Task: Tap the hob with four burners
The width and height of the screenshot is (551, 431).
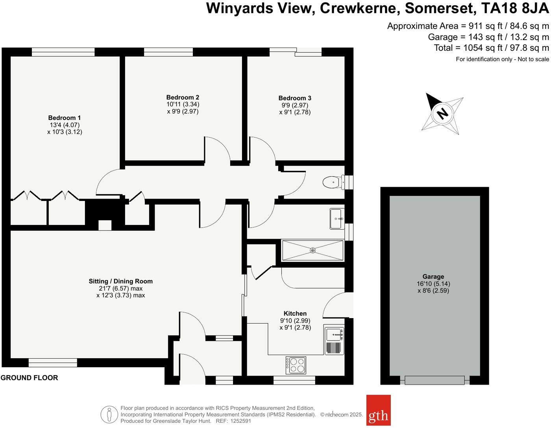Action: (x=296, y=365)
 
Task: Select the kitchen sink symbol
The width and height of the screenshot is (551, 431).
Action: (x=334, y=335)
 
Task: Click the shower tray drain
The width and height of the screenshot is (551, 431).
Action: (x=312, y=250)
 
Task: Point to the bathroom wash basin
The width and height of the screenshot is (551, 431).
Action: (x=337, y=219)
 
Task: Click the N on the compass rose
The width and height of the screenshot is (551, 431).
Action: (x=442, y=113)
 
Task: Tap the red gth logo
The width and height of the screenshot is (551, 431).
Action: (x=378, y=410)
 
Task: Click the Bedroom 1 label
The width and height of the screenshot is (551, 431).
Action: (x=64, y=118)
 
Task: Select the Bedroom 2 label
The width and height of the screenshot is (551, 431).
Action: (x=183, y=97)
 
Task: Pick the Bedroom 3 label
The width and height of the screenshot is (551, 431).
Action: (x=295, y=98)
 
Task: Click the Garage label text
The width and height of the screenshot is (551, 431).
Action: (x=433, y=276)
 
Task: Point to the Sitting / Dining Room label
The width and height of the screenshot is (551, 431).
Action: (x=120, y=281)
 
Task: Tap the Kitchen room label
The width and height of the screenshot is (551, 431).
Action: (x=295, y=313)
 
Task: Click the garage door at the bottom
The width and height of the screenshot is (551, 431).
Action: (x=435, y=380)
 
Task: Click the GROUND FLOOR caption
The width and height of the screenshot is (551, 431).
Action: (x=29, y=378)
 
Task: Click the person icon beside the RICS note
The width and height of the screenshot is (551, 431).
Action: (x=109, y=414)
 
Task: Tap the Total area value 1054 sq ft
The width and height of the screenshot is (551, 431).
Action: (x=477, y=48)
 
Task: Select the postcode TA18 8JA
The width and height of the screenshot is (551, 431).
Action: (x=515, y=8)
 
